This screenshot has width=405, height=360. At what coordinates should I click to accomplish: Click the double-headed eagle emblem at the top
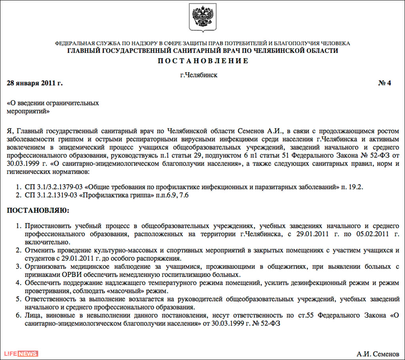click(202, 17)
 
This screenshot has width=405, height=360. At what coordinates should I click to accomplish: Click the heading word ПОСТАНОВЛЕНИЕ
click(203, 61)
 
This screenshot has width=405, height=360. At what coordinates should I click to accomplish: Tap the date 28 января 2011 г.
click(35, 83)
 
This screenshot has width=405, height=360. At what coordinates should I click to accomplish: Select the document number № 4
click(384, 83)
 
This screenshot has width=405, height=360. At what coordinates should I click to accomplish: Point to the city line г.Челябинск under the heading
click(199, 75)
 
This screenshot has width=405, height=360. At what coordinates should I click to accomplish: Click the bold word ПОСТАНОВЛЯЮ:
click(38, 211)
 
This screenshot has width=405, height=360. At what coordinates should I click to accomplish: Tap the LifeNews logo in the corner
click(21, 353)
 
